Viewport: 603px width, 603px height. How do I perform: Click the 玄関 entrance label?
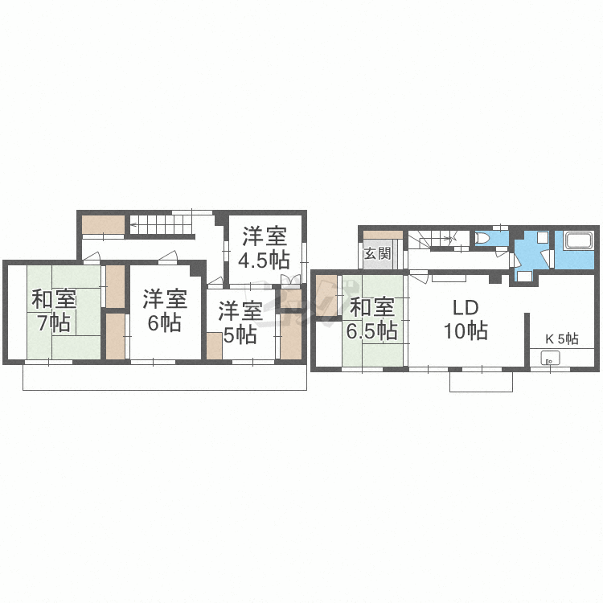click(377, 253)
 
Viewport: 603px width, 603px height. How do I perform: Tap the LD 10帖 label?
click(466, 319)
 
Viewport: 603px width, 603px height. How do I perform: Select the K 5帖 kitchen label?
click(562, 338)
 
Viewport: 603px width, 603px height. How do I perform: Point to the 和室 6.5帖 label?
click(372, 318)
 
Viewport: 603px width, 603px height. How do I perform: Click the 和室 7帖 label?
click(54, 310)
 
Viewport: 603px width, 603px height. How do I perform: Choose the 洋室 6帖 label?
click(165, 310)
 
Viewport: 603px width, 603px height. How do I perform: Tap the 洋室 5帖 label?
click(240, 322)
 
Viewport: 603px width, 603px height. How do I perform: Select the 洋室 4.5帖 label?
click(264, 248)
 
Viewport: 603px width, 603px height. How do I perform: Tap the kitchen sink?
click(551, 359)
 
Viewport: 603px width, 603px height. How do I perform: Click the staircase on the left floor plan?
click(162, 224)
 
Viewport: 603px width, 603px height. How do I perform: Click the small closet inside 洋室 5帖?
click(214, 346)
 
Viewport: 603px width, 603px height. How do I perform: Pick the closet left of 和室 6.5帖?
click(326, 296)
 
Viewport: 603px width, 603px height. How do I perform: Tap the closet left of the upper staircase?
click(103, 224)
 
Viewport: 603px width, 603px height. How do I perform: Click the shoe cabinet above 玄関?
click(383, 235)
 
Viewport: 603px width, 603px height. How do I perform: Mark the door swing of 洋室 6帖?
click(169, 256)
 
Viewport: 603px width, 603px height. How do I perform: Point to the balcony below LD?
click(481, 381)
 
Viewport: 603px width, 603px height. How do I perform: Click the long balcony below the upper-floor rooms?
click(165, 377)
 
